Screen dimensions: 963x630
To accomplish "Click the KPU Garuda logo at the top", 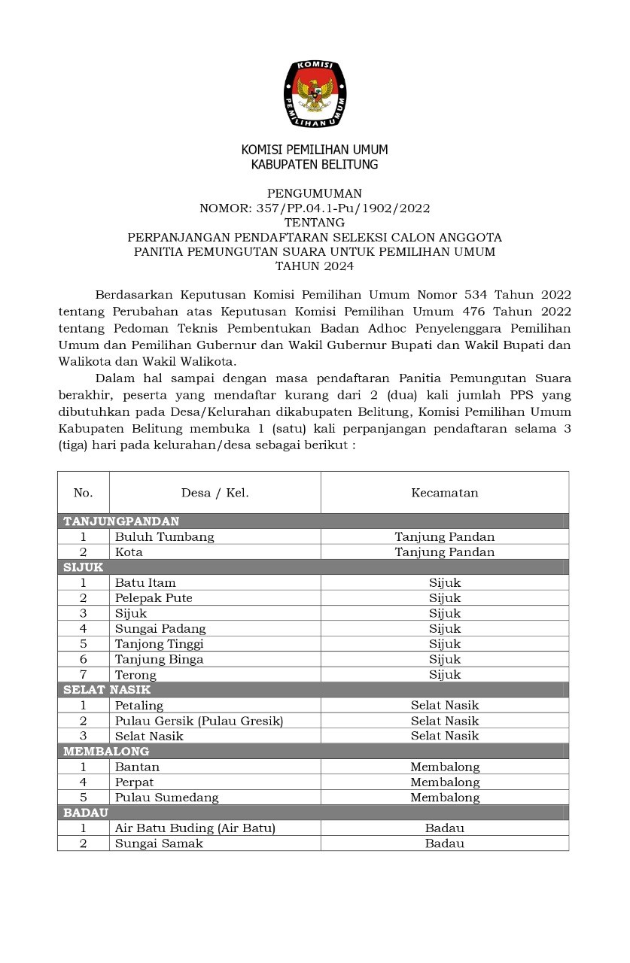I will tap(315, 93).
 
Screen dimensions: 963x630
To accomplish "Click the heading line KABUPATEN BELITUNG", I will tap(315, 164).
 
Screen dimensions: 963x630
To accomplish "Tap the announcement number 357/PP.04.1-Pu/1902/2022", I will tap(315, 208).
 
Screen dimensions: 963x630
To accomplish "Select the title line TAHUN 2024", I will tap(315, 266).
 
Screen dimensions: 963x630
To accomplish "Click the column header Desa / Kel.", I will tap(215, 493).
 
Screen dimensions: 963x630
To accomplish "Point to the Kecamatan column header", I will tap(444, 493).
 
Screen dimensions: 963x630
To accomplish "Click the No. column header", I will tap(83, 493).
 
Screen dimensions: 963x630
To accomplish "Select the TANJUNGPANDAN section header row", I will tap(122, 521).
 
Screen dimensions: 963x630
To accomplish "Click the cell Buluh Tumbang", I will tap(164, 536).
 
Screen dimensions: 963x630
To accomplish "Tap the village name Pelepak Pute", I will tap(154, 598).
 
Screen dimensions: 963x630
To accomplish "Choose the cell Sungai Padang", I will tap(160, 628).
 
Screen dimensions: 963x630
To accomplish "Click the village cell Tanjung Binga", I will tap(159, 659).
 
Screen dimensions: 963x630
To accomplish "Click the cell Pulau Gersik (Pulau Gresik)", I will tap(199, 721).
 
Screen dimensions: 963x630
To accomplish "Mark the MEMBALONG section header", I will tap(106, 751).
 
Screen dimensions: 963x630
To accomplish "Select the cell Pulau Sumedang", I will tap(166, 797).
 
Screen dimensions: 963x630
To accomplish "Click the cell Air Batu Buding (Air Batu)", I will tap(195, 828).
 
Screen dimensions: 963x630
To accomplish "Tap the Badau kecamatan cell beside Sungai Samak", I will tap(444, 843).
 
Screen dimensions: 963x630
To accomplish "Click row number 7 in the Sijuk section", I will tap(83, 675).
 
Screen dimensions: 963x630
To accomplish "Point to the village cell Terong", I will tap(135, 675).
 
